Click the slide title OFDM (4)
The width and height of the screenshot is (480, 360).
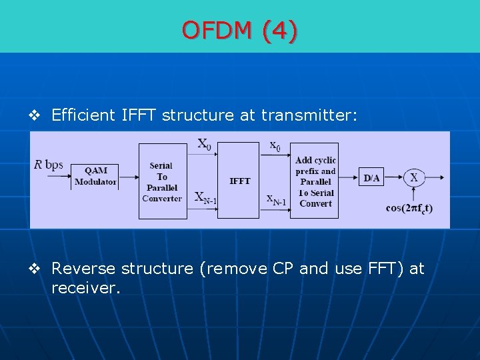240,30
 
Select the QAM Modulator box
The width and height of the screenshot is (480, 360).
95,176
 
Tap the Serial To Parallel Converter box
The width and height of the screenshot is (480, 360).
162,181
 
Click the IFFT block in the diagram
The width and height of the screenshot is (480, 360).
239,181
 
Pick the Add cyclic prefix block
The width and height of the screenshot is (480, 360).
315,181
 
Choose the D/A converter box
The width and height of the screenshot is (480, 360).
371,177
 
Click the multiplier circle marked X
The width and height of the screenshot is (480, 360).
414,177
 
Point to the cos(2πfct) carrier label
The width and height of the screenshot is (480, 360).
409,208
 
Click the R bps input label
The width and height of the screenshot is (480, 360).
49,165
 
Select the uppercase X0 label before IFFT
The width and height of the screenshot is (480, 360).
205,144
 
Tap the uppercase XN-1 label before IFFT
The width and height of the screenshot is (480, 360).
206,197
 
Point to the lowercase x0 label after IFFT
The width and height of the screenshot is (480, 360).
275,145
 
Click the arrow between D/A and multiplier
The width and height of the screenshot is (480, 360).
393,177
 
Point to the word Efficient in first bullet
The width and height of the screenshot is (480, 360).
83,115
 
